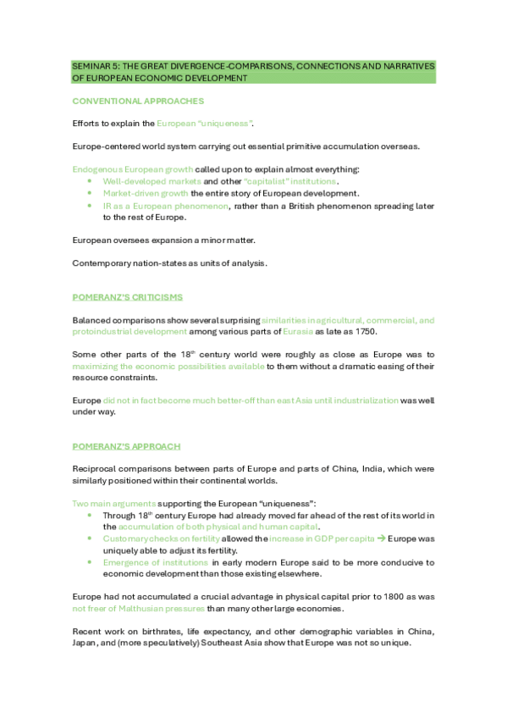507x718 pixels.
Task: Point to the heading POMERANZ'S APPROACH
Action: pos(126,446)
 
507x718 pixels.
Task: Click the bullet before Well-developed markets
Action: pos(91,181)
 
